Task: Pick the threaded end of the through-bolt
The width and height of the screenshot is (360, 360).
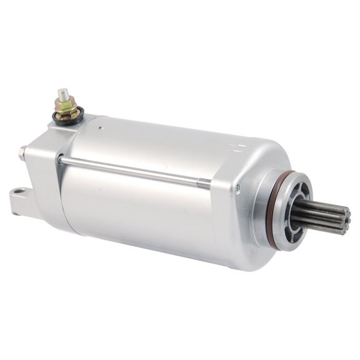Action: point(204,182)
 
